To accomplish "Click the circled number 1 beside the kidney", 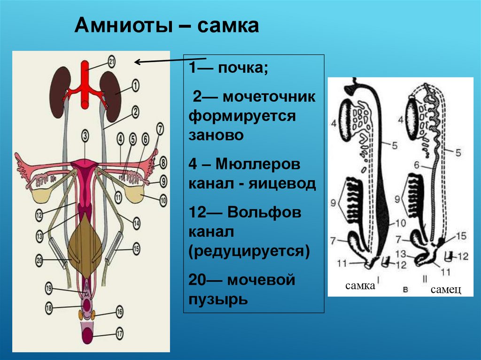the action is (x=135, y=85).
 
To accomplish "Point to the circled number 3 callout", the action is (x=85, y=136).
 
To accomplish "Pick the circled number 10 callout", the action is (x=163, y=201).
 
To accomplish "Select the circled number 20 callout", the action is (x=39, y=259).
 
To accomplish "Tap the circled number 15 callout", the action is (x=136, y=247).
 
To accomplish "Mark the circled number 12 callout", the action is (x=39, y=215).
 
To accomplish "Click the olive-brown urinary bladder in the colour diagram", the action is (x=85, y=244).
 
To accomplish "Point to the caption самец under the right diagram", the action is (x=445, y=290).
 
